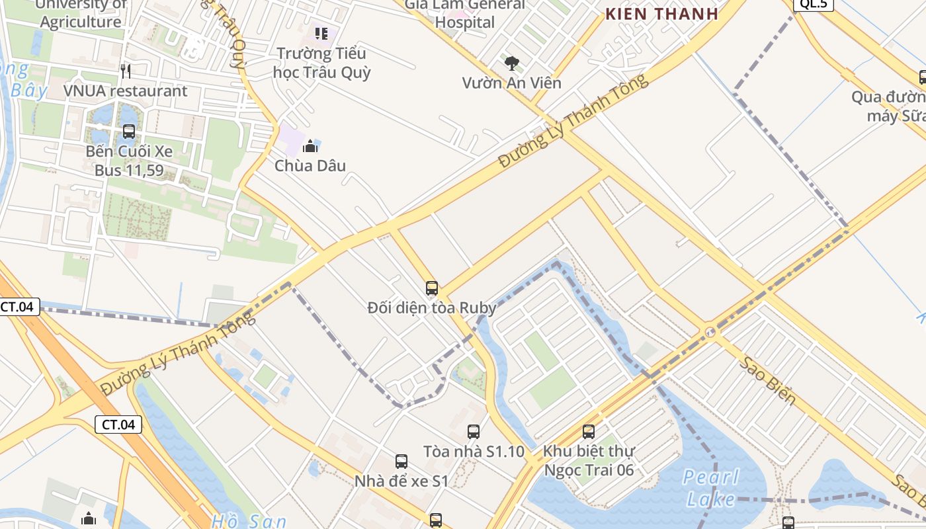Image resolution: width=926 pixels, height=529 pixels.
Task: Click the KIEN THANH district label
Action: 661,13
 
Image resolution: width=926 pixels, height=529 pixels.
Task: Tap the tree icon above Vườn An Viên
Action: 511,63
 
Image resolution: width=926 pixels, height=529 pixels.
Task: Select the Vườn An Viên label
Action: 511,83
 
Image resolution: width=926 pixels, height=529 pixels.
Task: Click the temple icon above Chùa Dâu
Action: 310,146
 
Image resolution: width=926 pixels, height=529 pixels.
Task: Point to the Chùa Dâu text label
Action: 310,165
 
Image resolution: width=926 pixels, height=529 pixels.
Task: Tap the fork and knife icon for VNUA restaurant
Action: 126,71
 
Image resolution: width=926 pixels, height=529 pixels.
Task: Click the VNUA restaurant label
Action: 126,91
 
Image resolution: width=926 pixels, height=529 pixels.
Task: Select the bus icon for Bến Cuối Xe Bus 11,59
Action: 129,132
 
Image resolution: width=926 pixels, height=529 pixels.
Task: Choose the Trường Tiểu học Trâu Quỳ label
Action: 321,63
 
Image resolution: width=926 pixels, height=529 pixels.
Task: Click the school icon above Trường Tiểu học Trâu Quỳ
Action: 321,33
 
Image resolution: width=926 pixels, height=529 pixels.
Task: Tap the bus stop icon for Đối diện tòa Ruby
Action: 432,288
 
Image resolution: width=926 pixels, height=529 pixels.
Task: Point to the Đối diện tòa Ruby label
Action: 432,307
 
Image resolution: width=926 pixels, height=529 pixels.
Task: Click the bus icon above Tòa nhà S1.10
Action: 474,432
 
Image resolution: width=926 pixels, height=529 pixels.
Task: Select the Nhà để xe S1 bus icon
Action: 401,462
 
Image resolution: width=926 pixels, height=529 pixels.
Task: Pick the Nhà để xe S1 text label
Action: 401,481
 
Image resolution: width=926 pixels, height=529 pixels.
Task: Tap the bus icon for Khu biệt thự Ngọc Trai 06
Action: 589,432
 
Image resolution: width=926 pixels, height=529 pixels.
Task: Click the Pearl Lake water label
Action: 711,487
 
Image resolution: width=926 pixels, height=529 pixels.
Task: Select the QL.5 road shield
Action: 813,4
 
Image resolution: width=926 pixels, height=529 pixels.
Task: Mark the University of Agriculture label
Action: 81,13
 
